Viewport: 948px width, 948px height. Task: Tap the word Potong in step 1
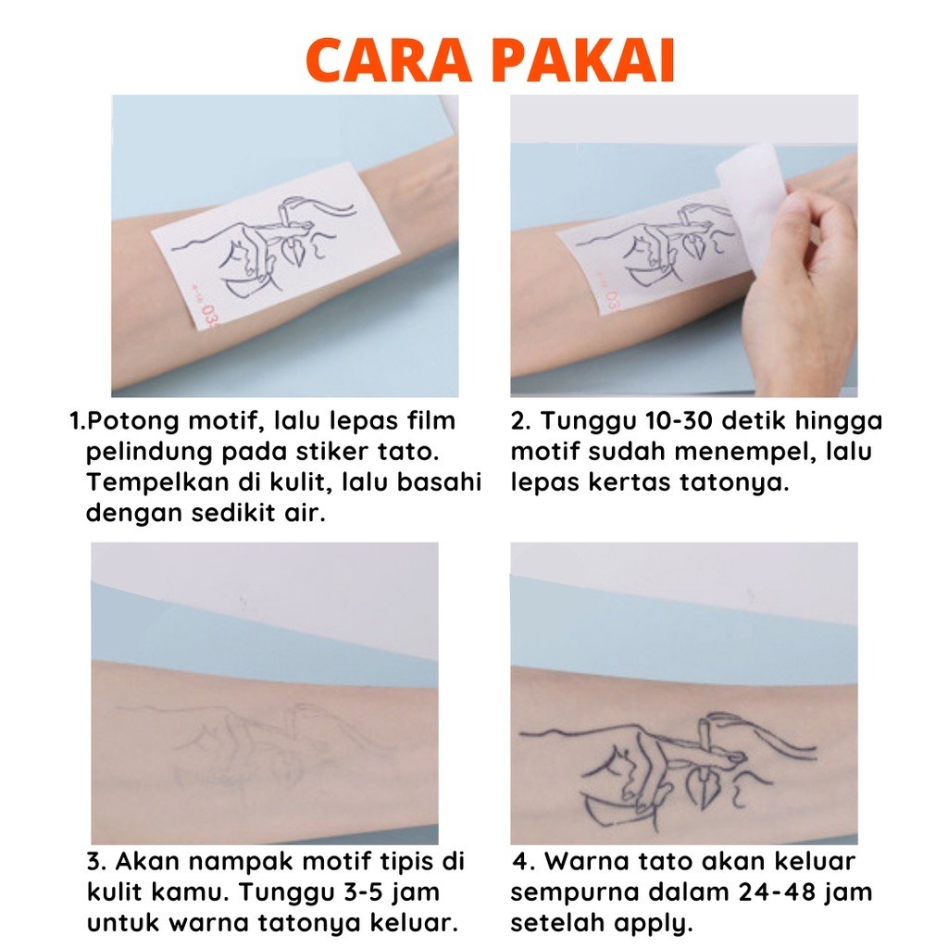coord(132,422)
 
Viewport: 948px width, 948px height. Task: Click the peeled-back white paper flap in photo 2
coord(752,200)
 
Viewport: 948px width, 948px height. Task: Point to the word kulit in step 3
coord(112,892)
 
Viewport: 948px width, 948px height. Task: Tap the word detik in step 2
coord(754,421)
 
